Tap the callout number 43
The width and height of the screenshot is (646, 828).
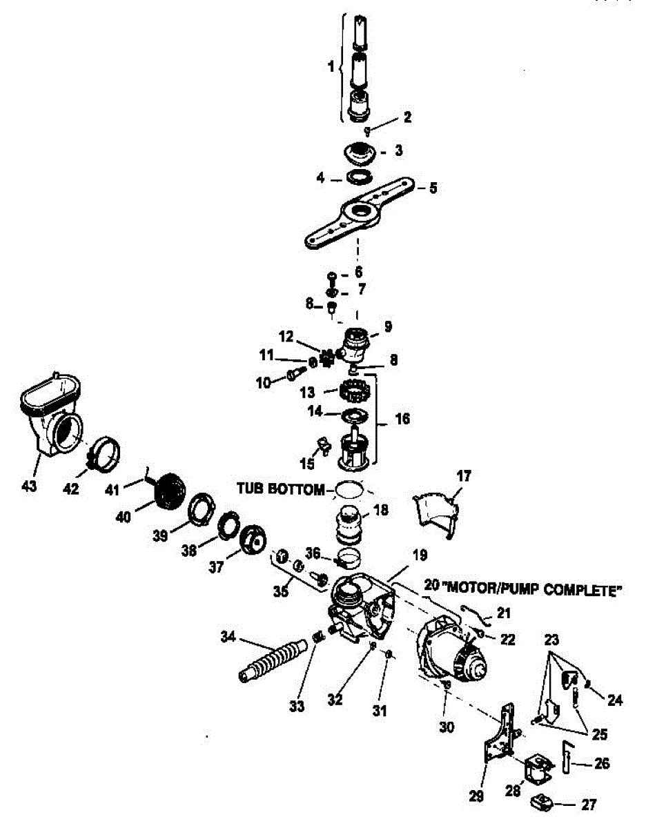29,487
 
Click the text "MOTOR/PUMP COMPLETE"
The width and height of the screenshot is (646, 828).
532,591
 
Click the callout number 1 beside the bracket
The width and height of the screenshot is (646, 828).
331,68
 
